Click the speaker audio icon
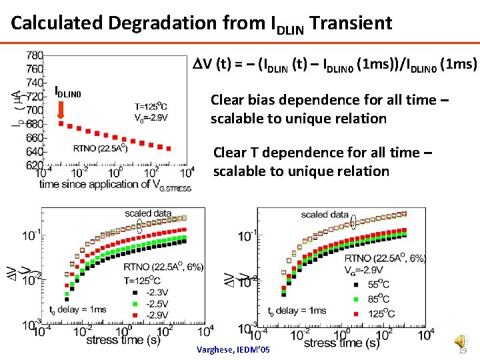pyautogui.click(x=459, y=341)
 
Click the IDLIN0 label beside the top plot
pyautogui.click(x=67, y=92)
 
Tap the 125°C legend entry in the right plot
pyautogui.click(x=379, y=313)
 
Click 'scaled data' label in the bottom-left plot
pyautogui.click(x=148, y=213)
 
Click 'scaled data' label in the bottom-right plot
pyautogui.click(x=324, y=215)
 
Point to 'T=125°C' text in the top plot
pyautogui.click(x=151, y=105)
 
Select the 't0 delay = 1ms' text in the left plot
pyautogui.click(x=78, y=309)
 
